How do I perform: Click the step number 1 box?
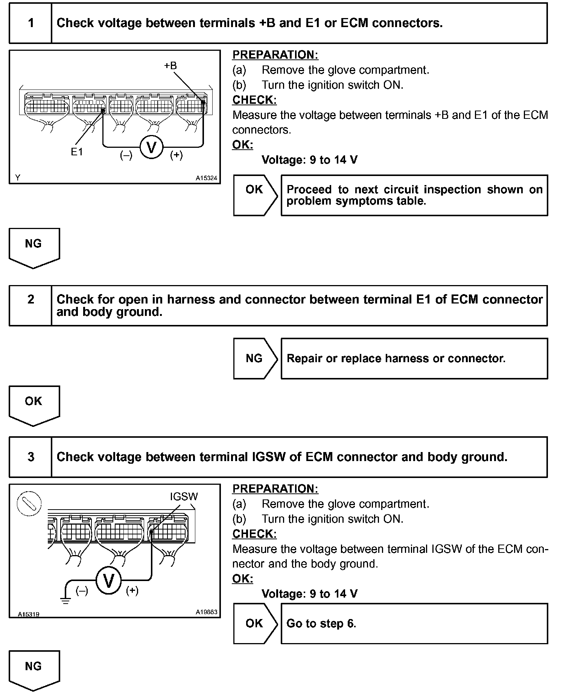(30, 23)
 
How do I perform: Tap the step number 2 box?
(30, 305)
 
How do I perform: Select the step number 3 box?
(30, 457)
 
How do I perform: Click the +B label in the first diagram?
(170, 66)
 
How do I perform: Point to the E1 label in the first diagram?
(77, 152)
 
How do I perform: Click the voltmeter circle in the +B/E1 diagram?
(151, 147)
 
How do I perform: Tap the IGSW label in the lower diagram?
(184, 496)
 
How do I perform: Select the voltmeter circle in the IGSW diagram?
(108, 581)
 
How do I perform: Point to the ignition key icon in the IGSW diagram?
(29, 504)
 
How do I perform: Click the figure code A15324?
(206, 178)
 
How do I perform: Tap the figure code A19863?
(206, 612)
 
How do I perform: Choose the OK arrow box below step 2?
(34, 405)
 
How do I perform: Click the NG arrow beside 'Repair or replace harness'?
(255, 358)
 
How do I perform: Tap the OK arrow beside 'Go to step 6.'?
(255, 624)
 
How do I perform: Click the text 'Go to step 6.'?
(321, 624)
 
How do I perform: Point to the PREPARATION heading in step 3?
(275, 489)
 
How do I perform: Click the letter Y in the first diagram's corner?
(17, 178)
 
